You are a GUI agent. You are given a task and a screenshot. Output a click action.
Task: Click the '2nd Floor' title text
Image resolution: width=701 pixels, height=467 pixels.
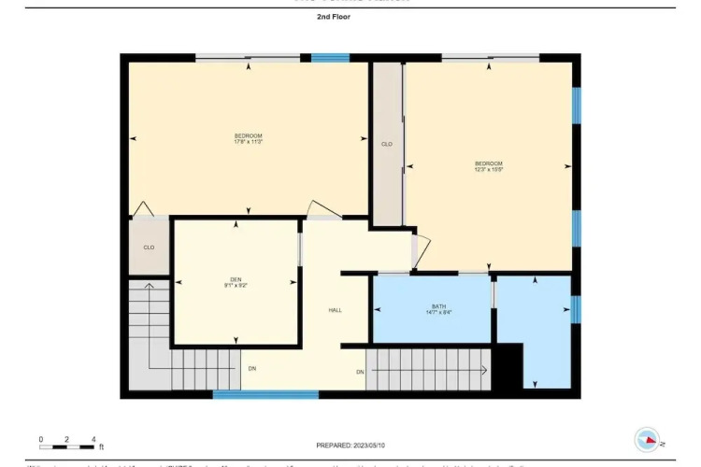(334, 17)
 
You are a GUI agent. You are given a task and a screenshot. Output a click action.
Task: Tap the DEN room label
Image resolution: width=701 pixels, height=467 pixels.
(236, 278)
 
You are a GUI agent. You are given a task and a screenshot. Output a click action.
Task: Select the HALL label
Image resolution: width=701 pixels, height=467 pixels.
(334, 310)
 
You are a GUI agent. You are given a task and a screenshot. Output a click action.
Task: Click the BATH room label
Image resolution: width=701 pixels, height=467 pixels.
(438, 305)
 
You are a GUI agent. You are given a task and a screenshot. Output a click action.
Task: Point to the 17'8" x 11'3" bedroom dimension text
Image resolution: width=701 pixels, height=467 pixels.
(248, 142)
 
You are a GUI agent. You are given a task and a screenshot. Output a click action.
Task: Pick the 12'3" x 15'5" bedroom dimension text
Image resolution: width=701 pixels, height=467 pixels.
(488, 169)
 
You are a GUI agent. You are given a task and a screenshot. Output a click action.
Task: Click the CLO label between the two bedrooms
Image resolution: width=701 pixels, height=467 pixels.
(386, 144)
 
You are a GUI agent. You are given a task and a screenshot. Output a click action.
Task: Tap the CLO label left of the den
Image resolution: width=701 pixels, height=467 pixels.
(148, 248)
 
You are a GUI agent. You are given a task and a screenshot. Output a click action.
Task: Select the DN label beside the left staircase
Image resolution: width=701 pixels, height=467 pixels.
(251, 368)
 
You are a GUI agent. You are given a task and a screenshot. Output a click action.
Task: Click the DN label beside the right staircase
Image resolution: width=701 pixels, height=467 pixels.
(359, 373)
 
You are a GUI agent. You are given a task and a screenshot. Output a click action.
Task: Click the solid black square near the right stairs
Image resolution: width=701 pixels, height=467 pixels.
(507, 366)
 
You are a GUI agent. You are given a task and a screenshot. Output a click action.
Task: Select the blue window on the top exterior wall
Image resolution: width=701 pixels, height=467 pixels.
(330, 58)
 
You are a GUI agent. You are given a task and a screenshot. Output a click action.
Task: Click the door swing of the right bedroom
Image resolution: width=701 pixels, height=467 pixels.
(422, 249)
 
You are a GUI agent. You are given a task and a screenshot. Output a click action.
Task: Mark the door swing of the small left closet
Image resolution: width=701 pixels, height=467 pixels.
(141, 209)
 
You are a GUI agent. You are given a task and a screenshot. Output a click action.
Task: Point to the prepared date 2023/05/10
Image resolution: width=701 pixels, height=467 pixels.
(351, 445)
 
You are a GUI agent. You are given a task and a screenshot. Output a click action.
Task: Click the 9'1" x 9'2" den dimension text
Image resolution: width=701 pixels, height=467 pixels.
(236, 285)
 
